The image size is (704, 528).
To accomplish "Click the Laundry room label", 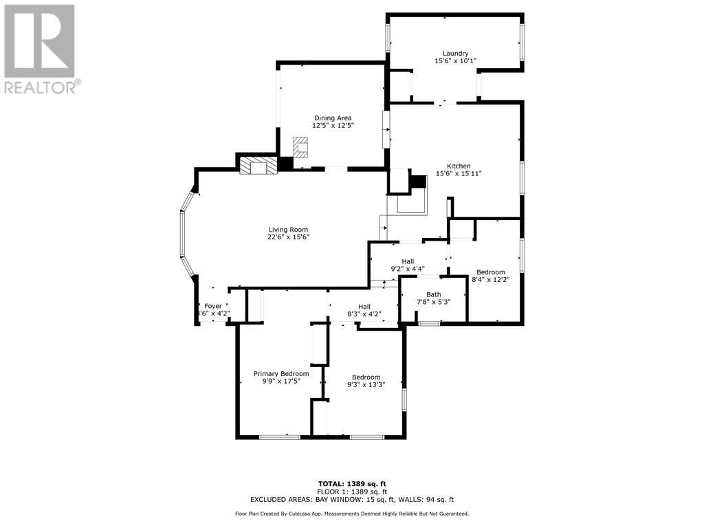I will click(x=455, y=54).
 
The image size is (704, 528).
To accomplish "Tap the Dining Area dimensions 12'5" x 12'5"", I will click(x=333, y=126).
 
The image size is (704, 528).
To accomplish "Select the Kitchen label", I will click(x=459, y=166).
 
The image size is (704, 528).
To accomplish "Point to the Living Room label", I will click(x=288, y=230).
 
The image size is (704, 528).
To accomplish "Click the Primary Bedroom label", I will click(x=280, y=374).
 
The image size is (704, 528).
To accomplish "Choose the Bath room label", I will click(x=433, y=294).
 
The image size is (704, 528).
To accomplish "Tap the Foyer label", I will click(x=213, y=306).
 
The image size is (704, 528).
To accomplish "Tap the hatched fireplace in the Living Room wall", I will click(x=258, y=166).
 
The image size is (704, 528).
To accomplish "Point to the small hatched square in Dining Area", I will click(x=301, y=147).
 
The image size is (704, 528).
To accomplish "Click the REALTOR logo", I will click(x=41, y=48).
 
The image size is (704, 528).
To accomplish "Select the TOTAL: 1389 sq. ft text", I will click(x=352, y=483).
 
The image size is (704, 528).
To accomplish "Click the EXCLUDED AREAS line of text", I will click(x=352, y=500).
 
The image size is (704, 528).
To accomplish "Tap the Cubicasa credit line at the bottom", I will click(x=352, y=514).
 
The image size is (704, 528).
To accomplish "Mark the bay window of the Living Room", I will click(x=184, y=233).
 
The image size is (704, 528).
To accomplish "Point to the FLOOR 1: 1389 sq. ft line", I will click(x=352, y=492).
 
